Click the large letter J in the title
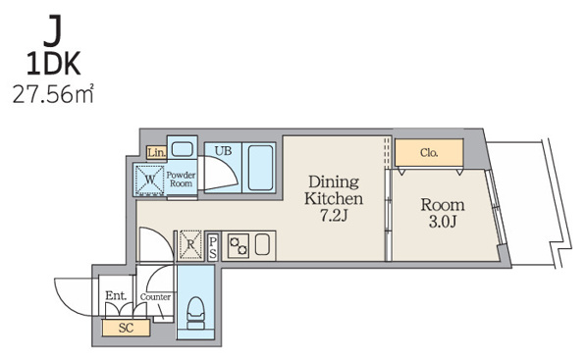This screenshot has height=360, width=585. pos(53,30)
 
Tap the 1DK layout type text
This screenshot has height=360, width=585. pos(53,65)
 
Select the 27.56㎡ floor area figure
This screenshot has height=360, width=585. pos(53,93)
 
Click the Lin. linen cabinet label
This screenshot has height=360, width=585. pos(156,152)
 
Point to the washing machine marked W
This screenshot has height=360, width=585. pos(149,180)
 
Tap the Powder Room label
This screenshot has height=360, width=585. pos(181,179)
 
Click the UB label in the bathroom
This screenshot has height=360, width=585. pos(223,150)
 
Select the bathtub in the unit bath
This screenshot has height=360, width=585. pos(260,168)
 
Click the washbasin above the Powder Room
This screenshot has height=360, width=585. pos(182,149)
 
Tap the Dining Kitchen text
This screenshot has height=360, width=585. pos(333,190)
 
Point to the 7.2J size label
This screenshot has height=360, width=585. pos(334,215)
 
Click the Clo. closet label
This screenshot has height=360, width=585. pos(429,152)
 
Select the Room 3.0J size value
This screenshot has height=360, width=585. pos(443,222)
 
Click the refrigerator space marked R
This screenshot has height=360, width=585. pos(190,245)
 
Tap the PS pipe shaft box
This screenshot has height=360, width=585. pos(213,247)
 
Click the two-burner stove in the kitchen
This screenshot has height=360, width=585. pos(239,246)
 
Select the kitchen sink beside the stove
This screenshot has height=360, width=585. pos(262,244)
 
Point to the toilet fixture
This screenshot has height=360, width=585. pos(195,313)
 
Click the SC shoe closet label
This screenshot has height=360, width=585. pos(126,328)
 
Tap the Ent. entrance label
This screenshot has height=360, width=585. pos(116,296)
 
